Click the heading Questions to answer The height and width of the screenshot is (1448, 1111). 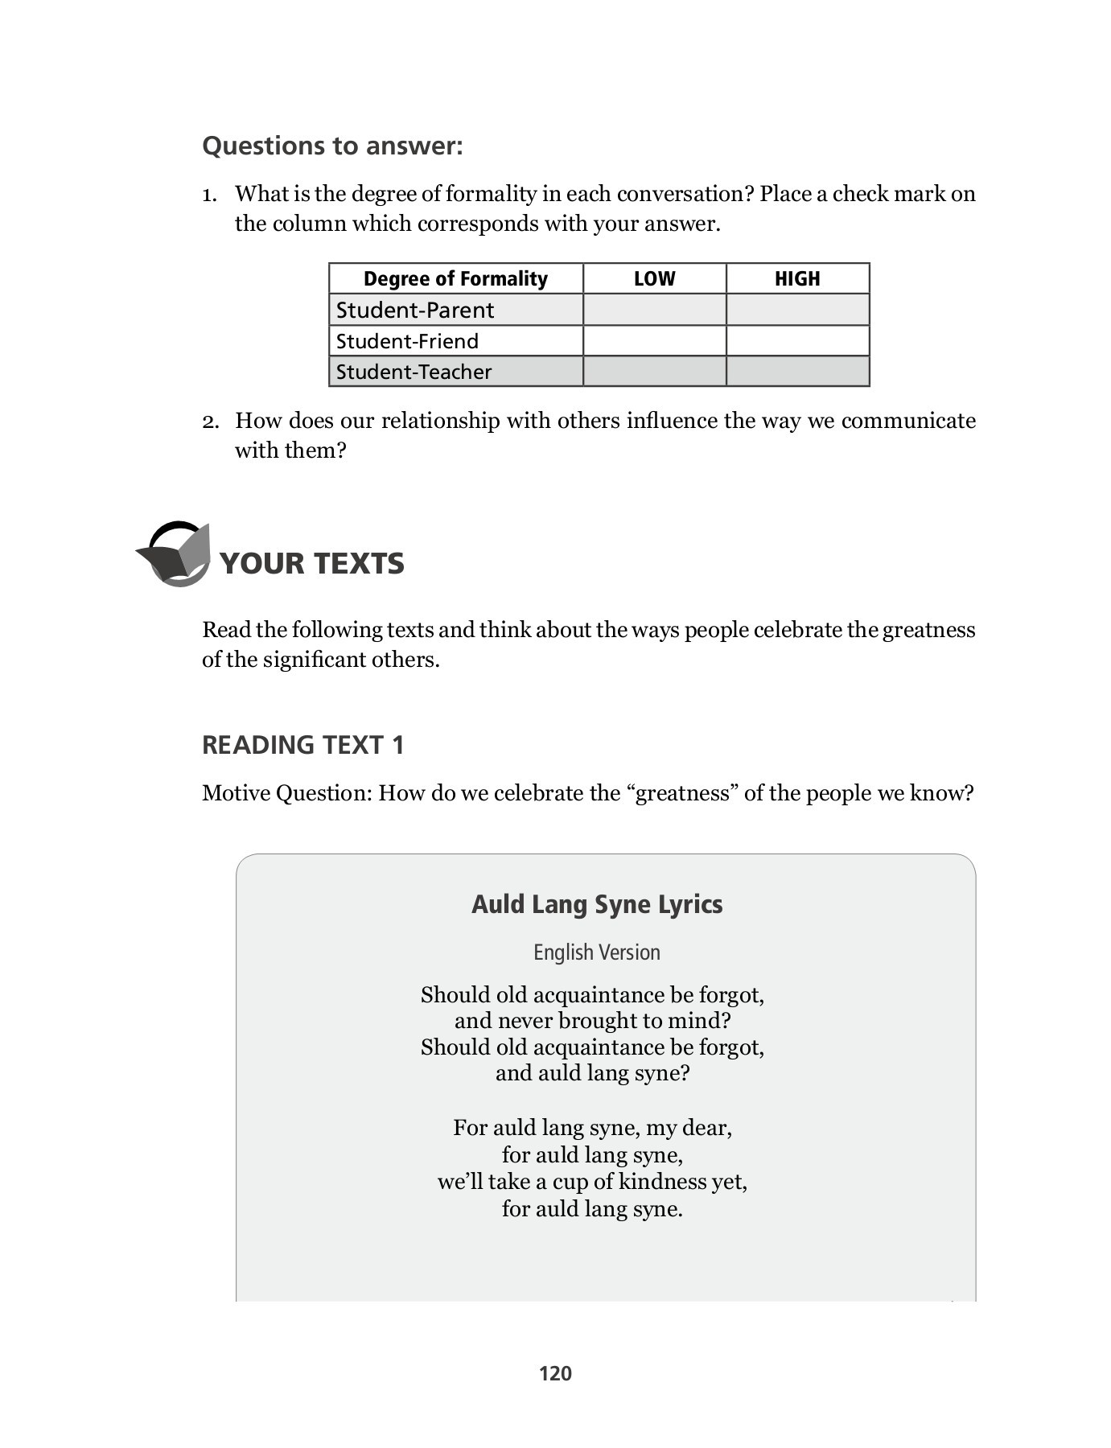click(x=332, y=146)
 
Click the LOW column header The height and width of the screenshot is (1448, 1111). click(x=654, y=278)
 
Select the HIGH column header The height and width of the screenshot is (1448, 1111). click(x=797, y=278)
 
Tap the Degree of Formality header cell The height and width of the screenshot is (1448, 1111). click(x=455, y=278)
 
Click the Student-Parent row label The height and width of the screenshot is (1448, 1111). click(x=415, y=310)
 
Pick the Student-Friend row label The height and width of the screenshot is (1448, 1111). click(x=407, y=341)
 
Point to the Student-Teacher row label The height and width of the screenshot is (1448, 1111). click(x=414, y=372)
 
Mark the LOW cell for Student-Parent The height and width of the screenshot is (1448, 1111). click(x=654, y=310)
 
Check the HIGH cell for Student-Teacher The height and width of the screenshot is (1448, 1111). click(x=797, y=372)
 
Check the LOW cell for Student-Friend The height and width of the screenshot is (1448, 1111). click(x=654, y=341)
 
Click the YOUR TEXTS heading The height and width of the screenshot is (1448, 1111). click(x=311, y=563)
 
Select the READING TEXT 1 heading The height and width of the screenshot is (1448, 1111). click(x=302, y=745)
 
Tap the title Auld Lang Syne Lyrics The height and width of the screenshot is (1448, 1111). click(x=596, y=904)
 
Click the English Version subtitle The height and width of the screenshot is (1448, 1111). click(x=596, y=952)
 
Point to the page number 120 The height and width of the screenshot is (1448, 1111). click(x=555, y=1373)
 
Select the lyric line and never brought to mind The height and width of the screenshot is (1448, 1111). click(x=592, y=1021)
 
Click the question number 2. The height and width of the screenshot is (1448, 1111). click(x=210, y=422)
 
